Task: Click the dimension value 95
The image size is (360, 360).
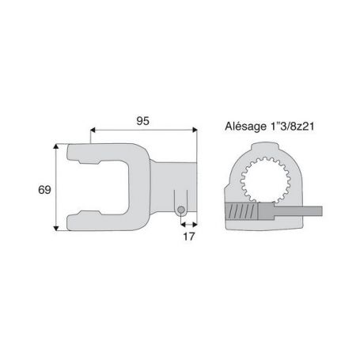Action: [142, 121]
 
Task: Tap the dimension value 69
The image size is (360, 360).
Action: [44, 190]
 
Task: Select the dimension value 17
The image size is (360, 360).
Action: [188, 237]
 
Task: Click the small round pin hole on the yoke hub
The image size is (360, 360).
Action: [181, 210]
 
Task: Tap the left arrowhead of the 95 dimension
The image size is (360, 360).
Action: [93, 130]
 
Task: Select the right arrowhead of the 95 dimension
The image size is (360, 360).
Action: [195, 130]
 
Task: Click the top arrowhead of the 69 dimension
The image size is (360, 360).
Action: [56, 146]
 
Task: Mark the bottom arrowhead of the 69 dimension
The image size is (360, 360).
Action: [56, 228]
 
